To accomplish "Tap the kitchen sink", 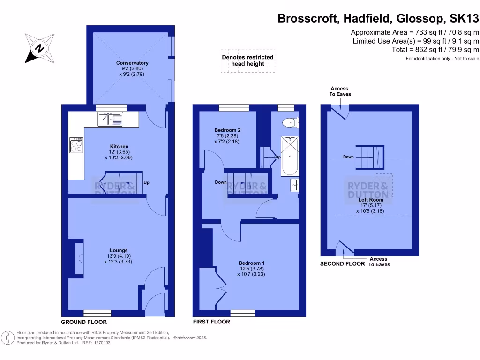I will (110, 120).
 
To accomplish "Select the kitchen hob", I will (76, 145).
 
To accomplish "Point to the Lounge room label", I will (119, 250).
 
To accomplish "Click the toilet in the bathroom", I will (290, 123).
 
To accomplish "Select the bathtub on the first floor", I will (290, 156).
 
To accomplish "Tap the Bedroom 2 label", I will (227, 130).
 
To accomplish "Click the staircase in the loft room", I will (369, 157).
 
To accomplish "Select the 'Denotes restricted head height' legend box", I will (247, 60).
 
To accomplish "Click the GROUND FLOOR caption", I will (84, 322).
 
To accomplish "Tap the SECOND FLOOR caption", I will (342, 264).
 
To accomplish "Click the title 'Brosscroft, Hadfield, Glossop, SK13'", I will (378, 19).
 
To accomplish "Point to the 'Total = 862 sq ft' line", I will (435, 50).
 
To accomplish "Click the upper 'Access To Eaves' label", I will (340, 91).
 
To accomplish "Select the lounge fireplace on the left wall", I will (79, 257).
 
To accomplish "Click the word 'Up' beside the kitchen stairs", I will (147, 183).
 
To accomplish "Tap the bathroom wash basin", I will (294, 186).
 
